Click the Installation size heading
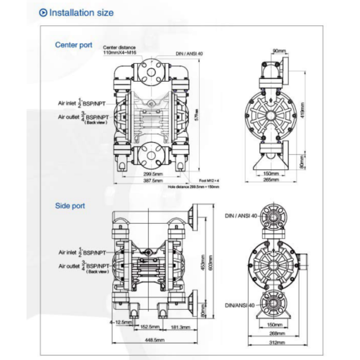(81, 13)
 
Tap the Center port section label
(74, 45)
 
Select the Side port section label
(70, 206)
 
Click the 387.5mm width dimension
(152, 180)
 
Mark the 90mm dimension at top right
(279, 51)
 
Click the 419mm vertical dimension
(303, 108)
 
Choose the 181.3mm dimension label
(180, 327)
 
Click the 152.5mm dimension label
(148, 327)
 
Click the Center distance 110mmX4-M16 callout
(120, 50)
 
